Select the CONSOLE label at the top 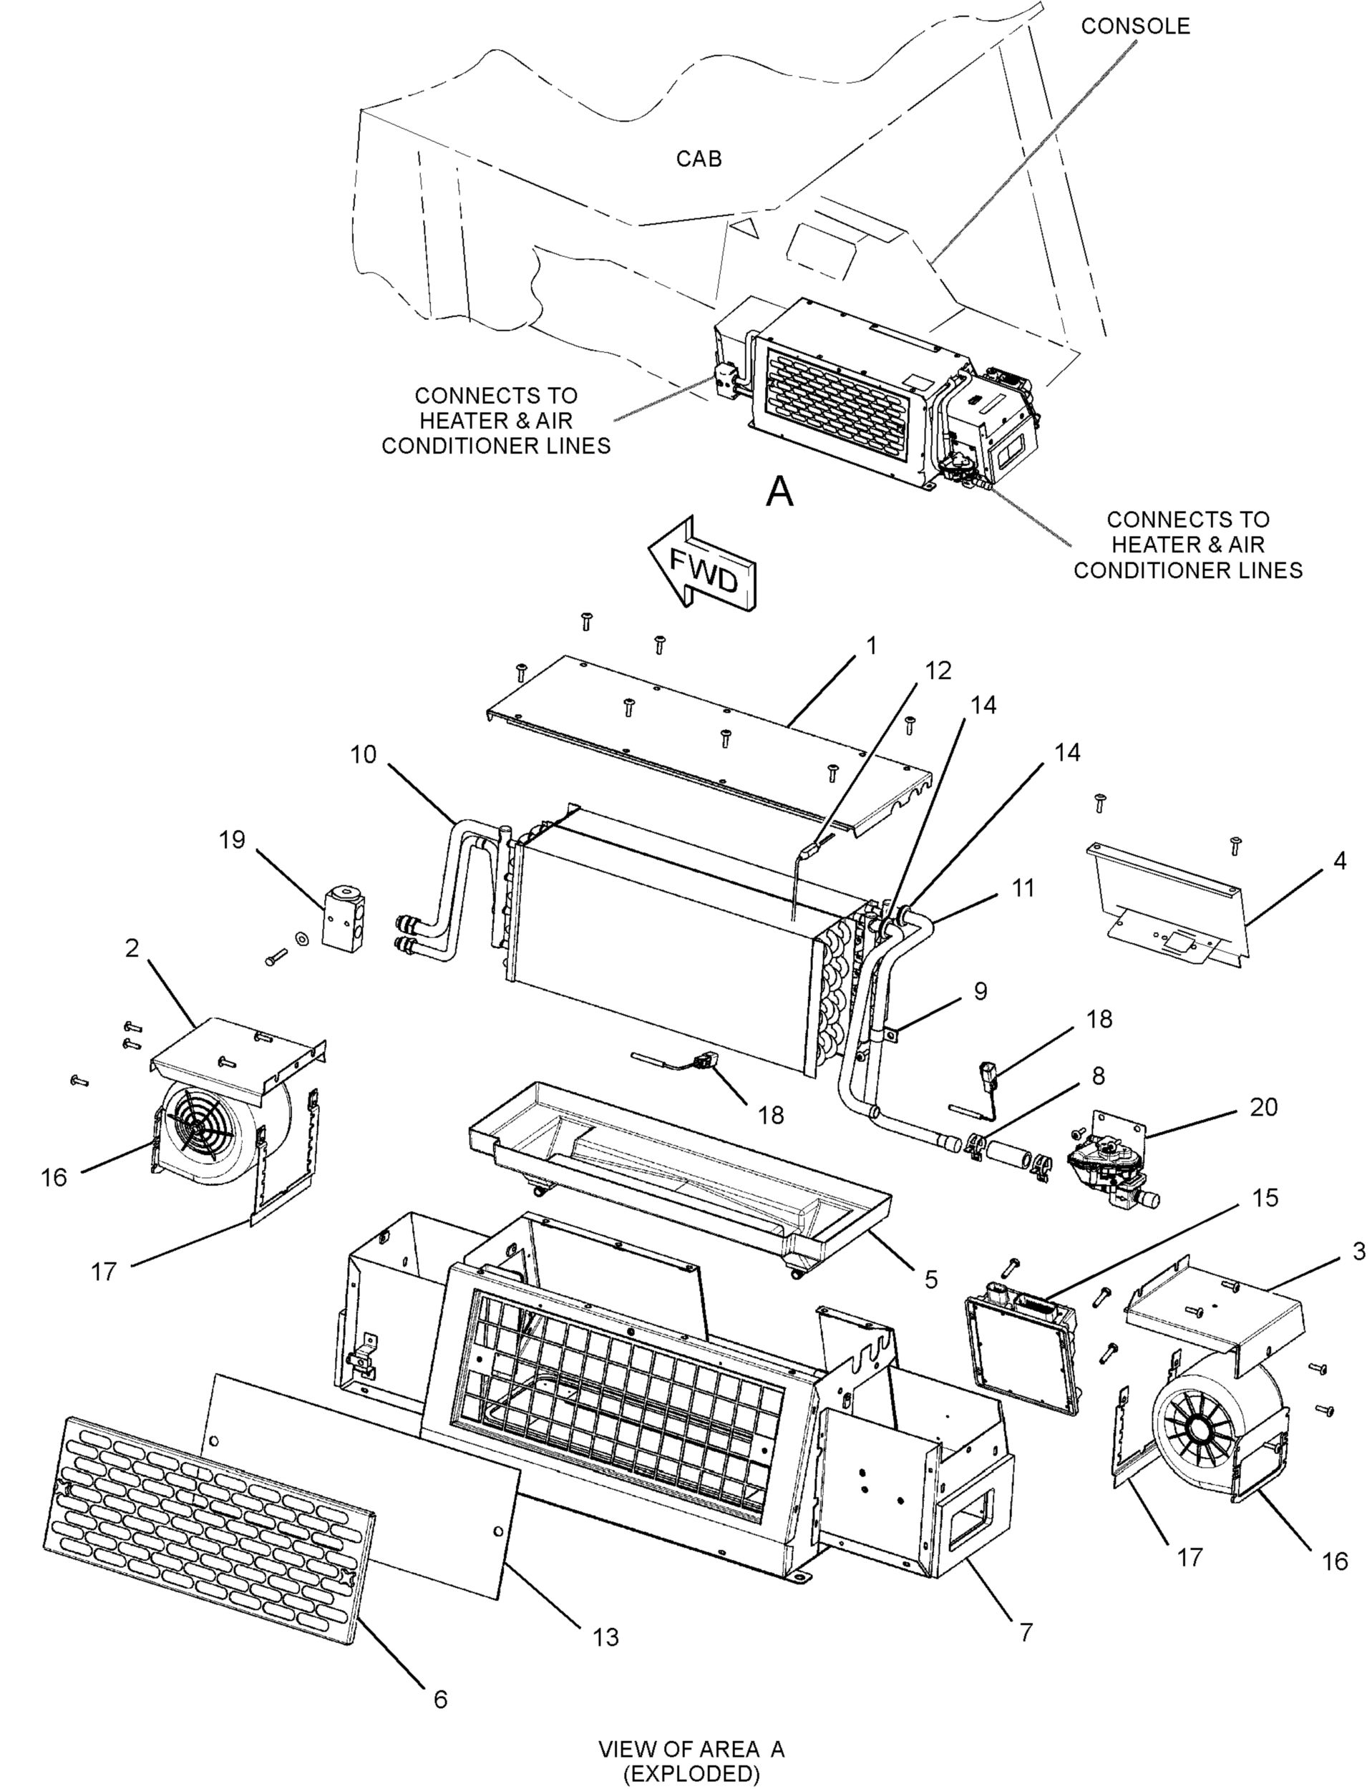coord(1135,26)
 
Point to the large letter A coord(781,492)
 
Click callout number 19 coord(232,839)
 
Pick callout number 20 coord(1263,1107)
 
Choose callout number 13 coord(606,1637)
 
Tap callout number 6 coord(441,1699)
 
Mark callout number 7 coord(1026,1632)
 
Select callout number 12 coord(938,671)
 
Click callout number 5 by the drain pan coord(930,1279)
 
